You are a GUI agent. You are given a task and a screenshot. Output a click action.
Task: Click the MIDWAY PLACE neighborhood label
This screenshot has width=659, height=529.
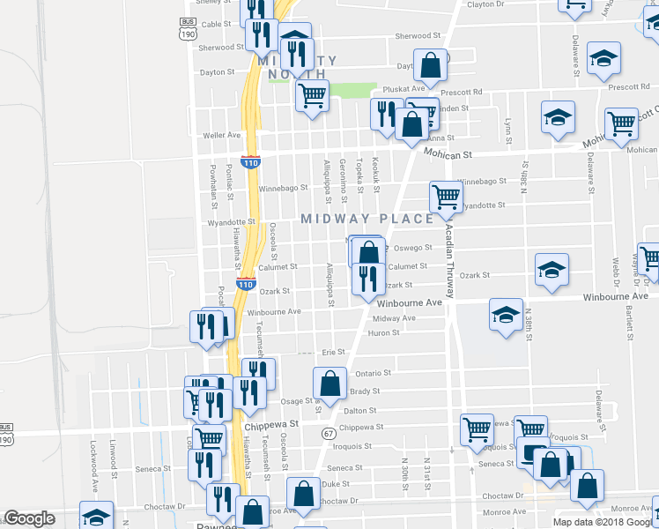click(367, 219)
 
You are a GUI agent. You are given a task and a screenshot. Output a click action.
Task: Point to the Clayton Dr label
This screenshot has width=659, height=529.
click(486, 4)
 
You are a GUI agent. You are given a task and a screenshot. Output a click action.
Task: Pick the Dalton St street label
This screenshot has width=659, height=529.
click(359, 411)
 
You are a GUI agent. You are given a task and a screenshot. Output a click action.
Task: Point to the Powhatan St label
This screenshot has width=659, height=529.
click(212, 184)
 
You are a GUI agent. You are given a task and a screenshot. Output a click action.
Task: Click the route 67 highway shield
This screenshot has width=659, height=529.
click(329, 434)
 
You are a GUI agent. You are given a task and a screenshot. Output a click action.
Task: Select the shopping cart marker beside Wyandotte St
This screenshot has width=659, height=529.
click(446, 196)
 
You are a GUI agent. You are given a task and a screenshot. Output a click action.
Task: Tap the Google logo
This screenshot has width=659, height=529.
click(29, 519)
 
